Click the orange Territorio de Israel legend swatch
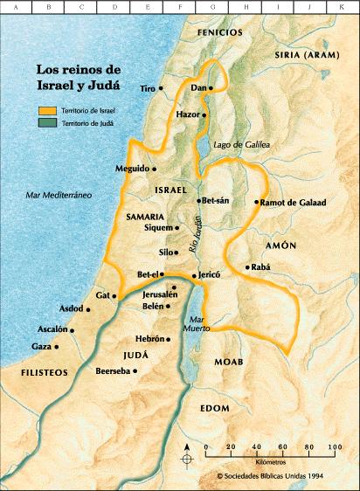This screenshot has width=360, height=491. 46,111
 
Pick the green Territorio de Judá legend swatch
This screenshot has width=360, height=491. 46,124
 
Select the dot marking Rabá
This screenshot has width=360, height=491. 247,267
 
